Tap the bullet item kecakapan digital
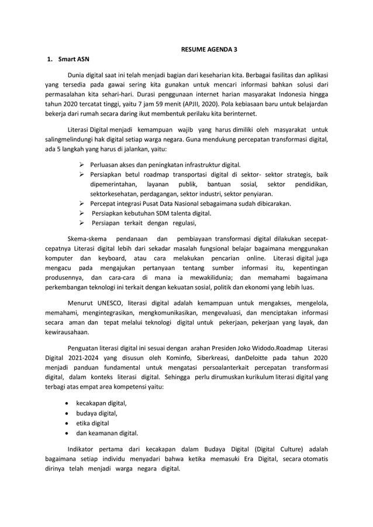click(101, 403)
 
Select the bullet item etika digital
click(93, 423)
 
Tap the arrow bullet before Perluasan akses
click(82, 165)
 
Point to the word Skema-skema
click(88, 239)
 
